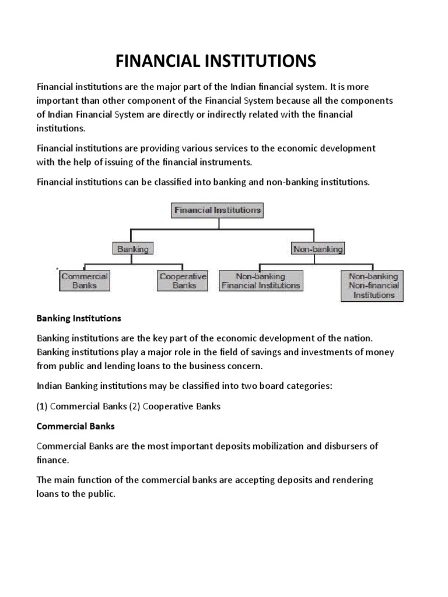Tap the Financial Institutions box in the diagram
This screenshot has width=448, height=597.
click(x=217, y=210)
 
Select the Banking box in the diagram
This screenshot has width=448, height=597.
click(x=133, y=249)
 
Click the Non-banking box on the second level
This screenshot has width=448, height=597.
click(x=318, y=249)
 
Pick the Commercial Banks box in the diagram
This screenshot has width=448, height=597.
click(x=85, y=281)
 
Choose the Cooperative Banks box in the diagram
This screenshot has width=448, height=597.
click(x=183, y=281)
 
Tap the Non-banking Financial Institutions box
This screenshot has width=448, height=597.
click(x=260, y=281)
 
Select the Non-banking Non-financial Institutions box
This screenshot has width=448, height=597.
click(x=373, y=286)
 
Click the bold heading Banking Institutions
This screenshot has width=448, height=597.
click(x=79, y=319)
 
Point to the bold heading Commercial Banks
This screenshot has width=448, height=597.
click(x=76, y=426)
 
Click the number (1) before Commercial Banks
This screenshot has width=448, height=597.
click(x=42, y=406)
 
